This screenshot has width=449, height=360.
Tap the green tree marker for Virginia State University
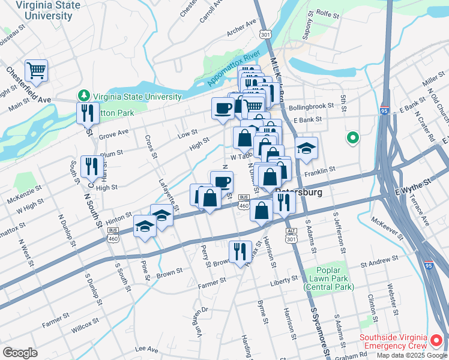83,96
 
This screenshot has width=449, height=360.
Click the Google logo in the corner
20,353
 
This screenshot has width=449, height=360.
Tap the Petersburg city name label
299,193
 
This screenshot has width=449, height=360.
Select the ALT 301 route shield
292,235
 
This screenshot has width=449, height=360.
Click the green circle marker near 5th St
352,139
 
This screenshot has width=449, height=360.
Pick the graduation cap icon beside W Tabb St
306,148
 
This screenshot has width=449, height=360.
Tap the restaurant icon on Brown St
240,251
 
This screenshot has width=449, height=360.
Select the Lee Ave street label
146,349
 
